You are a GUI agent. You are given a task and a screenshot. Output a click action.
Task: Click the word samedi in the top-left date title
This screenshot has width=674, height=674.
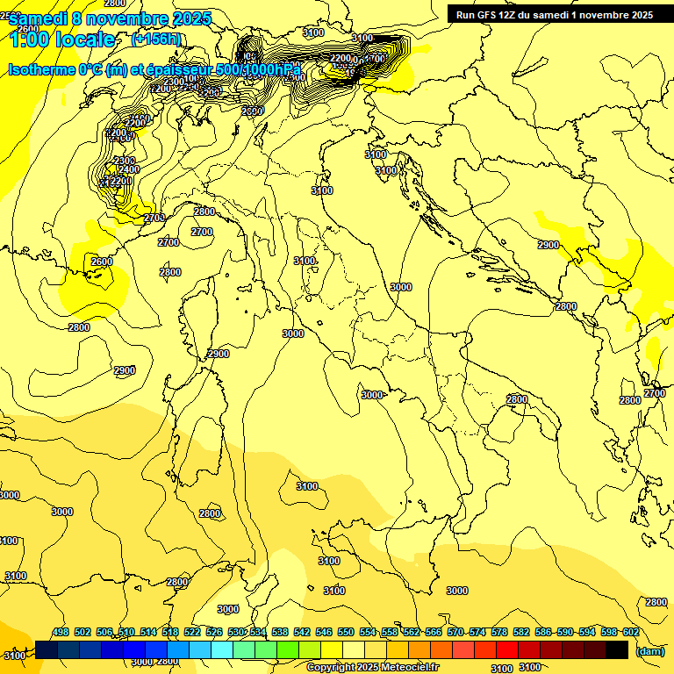tap(39, 18)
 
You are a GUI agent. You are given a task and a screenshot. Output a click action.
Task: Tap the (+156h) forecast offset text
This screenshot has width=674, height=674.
tap(156, 39)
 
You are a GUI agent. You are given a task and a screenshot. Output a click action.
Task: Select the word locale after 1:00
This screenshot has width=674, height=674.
tap(82, 39)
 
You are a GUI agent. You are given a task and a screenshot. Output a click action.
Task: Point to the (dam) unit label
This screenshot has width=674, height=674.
tap(649, 650)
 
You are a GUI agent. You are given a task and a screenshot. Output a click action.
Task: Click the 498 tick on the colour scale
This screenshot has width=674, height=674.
tap(60, 632)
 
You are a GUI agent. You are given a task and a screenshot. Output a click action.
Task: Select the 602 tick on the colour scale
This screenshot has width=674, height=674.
tap(630, 632)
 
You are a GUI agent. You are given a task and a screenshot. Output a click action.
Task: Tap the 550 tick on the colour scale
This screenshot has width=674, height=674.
tap(345, 632)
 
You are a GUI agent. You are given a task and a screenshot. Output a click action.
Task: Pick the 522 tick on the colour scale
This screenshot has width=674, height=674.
tap(191, 632)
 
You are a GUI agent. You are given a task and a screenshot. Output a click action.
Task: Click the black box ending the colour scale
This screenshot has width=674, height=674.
tap(617, 649)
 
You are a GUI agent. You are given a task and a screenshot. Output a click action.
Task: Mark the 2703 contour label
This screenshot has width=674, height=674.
tap(154, 218)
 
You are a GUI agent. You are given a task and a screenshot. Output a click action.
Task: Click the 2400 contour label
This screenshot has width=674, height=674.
tap(129, 169)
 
